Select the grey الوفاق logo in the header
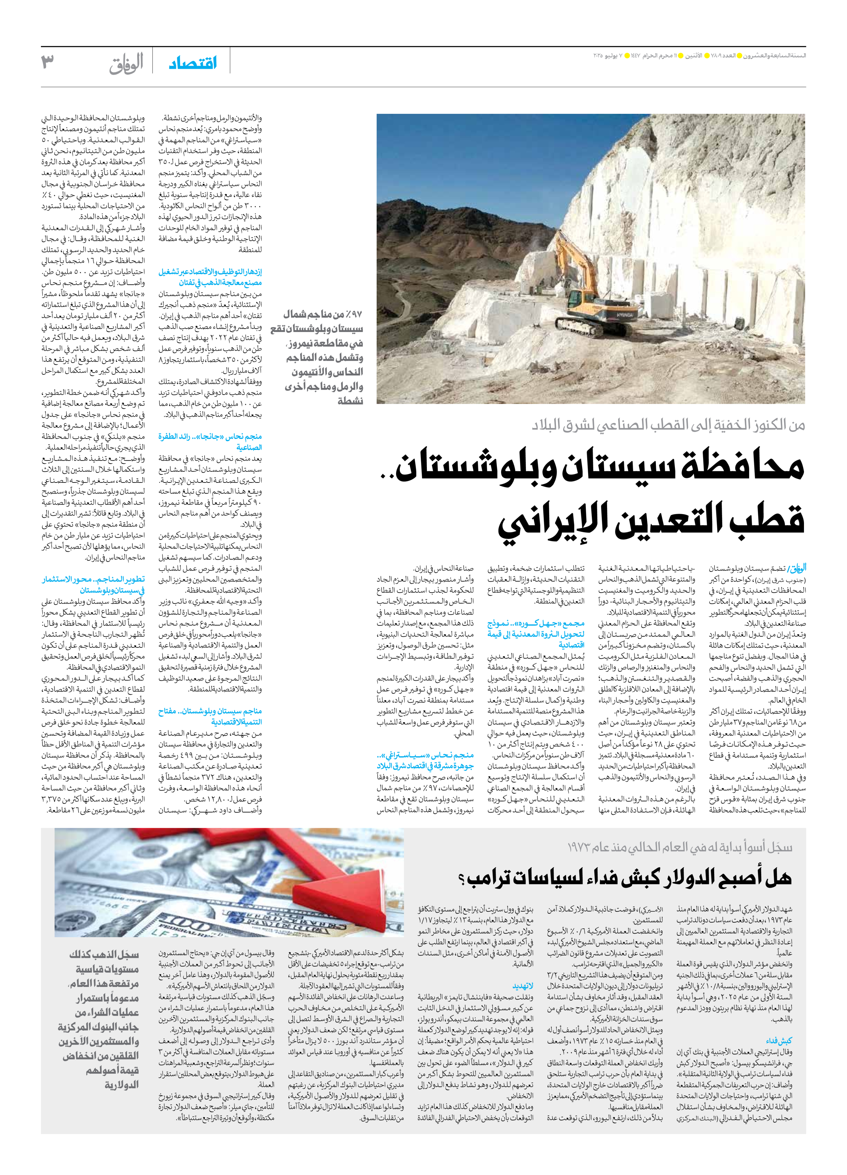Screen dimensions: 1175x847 [126, 63]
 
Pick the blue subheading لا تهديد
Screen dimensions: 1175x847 [523, 986]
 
